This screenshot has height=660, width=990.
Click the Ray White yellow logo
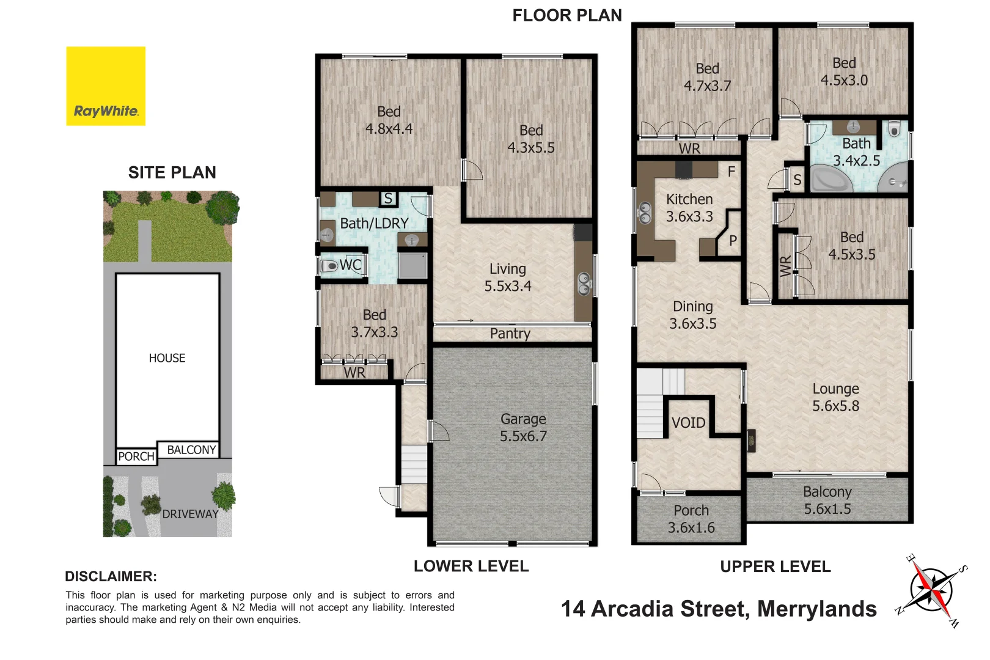pos(106,86)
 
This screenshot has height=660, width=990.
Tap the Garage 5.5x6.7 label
pos(523,427)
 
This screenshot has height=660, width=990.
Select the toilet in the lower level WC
pos(329,266)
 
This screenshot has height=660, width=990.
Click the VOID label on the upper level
pos(688,422)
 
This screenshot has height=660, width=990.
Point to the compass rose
pos(931,591)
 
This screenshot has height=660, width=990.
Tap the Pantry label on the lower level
pos(510,333)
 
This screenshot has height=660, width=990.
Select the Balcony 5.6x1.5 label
pos(827,500)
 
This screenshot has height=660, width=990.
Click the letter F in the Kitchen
pos(731,172)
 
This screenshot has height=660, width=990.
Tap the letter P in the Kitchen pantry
pos(733,240)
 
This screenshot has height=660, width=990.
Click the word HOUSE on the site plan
pos(167,358)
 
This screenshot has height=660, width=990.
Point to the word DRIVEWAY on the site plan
pos(190,514)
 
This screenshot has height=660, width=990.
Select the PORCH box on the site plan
pos(136,457)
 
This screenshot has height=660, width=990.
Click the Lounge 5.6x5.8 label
pos(835,397)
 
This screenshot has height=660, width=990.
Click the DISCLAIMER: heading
pos(111,576)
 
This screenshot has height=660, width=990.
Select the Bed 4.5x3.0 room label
pos(844,71)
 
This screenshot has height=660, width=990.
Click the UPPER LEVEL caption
pos(775,566)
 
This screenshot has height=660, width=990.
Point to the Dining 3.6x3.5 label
pos(692,315)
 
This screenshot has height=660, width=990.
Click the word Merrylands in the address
pos(816,609)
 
